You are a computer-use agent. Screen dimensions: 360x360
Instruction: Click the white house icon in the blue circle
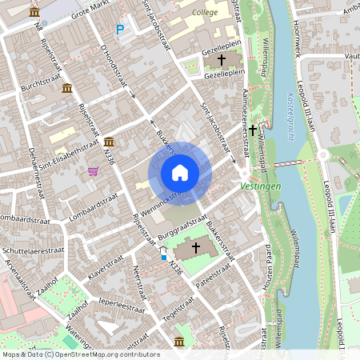point(180,173)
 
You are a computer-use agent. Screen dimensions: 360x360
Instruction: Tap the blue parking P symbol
point(121,30)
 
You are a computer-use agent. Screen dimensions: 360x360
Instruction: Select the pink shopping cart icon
point(94,170)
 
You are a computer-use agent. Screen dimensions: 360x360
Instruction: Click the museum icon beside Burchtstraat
point(66,87)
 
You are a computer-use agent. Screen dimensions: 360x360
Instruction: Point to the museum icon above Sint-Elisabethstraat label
point(109,142)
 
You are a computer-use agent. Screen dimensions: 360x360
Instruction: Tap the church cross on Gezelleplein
point(221,60)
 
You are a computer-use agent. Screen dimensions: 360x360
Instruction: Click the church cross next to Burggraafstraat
point(194,249)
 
